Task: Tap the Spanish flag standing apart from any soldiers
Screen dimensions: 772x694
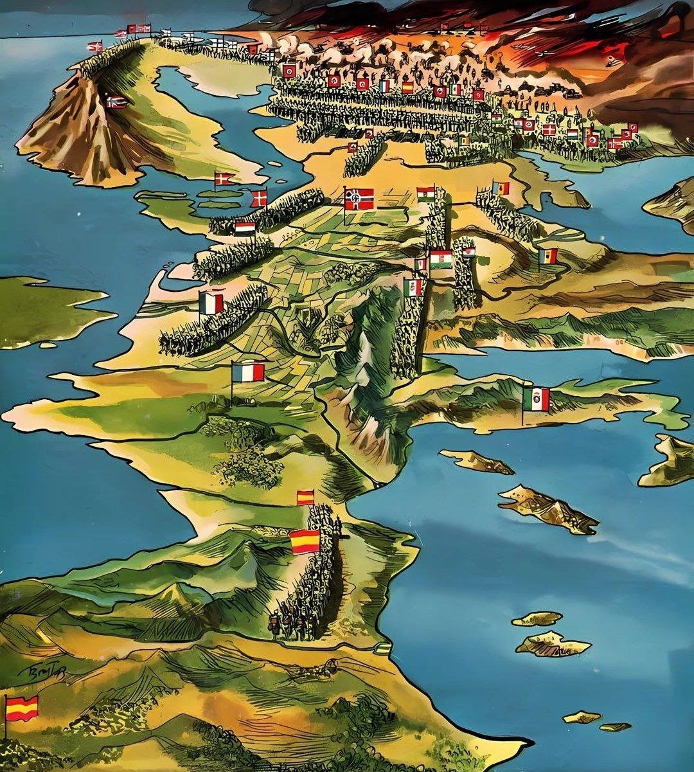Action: click(x=22, y=708)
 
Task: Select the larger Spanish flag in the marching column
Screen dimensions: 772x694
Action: click(x=305, y=541)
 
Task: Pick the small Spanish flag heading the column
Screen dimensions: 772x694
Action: click(x=305, y=497)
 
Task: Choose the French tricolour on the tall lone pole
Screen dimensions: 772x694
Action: click(x=248, y=372)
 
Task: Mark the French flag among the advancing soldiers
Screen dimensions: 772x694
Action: click(x=211, y=303)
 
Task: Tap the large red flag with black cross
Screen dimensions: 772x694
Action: click(x=359, y=199)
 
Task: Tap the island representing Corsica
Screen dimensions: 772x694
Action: click(x=476, y=460)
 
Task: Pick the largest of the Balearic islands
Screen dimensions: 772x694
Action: click(x=553, y=645)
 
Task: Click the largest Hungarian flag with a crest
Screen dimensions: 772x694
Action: click(x=441, y=259)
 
